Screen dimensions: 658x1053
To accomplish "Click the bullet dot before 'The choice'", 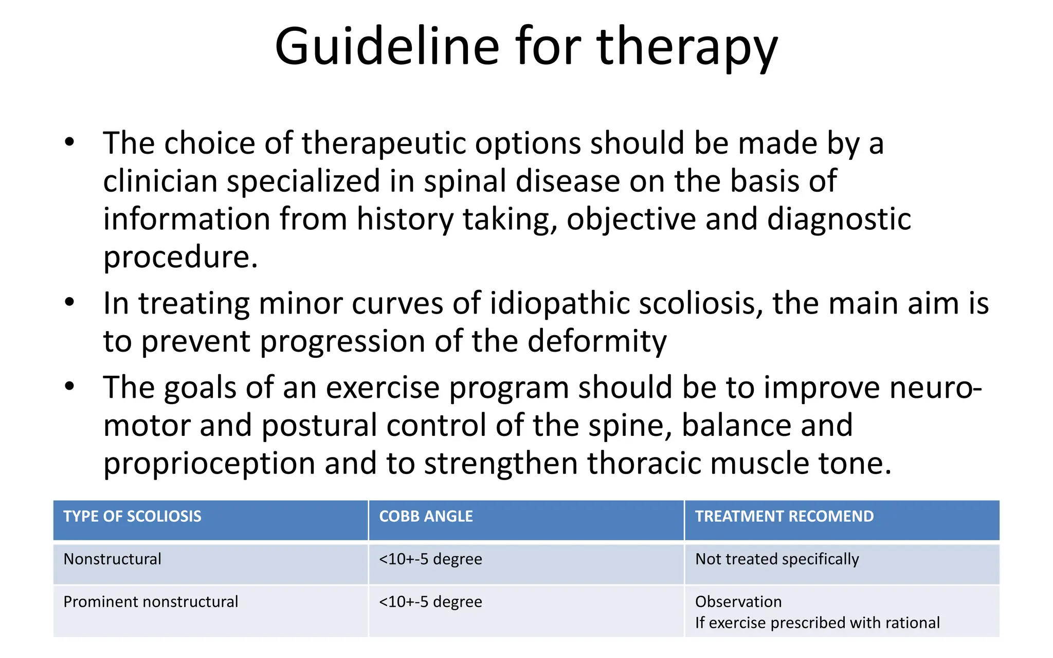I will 70,142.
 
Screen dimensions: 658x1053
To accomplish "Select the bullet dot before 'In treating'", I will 70,302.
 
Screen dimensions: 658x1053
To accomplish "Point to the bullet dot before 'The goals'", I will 70,386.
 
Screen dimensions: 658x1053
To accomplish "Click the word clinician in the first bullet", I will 160,181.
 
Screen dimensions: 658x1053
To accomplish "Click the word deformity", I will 596,341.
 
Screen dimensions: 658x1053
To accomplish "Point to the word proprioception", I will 209,464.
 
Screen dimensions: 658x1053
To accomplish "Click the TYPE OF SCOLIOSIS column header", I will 132,517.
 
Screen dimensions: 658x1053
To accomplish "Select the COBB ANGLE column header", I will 426,517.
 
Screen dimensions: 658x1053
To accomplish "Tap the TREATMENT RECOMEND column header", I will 784,517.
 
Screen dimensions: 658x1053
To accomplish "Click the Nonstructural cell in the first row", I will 112,559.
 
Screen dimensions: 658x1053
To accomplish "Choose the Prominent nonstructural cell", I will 151,602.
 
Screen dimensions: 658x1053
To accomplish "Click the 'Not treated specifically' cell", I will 776,559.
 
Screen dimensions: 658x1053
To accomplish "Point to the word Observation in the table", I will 738,602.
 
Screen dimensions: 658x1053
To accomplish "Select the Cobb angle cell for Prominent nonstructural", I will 430,602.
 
